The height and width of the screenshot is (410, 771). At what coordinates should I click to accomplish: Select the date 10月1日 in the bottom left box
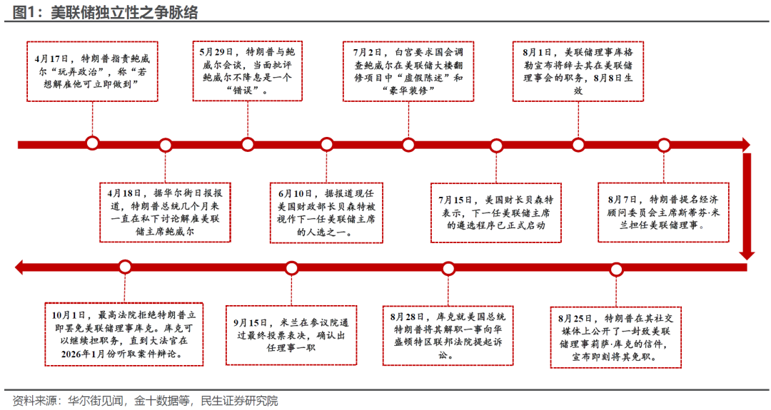click(69, 314)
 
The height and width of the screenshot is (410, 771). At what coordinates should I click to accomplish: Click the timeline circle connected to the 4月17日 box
click(92, 143)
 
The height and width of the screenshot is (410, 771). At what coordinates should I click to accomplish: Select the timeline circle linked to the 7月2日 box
click(408, 145)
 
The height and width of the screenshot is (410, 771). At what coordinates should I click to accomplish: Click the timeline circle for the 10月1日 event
click(125, 267)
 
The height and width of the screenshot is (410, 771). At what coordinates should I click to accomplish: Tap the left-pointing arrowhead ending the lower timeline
click(21, 267)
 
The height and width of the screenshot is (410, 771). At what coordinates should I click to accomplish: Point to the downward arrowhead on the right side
click(747, 253)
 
